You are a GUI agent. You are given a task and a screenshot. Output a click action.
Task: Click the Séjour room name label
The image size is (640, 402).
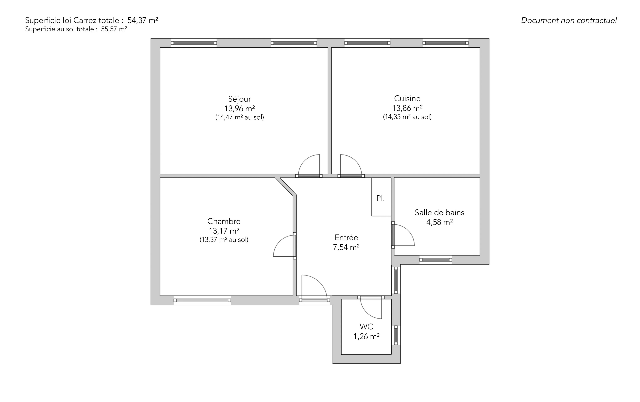[240, 99]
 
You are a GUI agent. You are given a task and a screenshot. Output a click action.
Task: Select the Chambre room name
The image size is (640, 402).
[224, 221]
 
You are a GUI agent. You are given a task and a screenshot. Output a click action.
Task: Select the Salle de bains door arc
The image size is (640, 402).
[408, 230]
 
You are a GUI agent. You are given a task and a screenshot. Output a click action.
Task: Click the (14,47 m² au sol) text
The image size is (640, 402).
[240, 117]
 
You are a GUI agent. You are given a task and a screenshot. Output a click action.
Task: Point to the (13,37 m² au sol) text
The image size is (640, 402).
[224, 240]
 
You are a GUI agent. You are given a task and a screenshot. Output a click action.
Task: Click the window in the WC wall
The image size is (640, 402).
[396, 335]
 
